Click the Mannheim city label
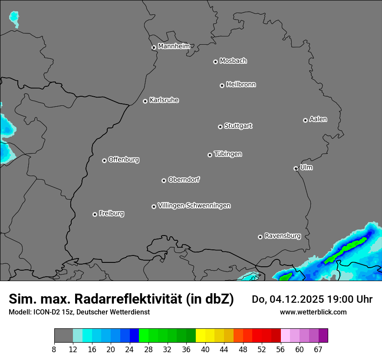point(174,46)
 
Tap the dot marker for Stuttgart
point(220,127)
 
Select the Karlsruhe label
point(164,100)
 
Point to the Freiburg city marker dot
point(95,214)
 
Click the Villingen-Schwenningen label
point(194,206)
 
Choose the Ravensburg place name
point(282,236)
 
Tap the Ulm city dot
point(296,168)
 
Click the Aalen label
point(318,119)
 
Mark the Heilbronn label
point(241,85)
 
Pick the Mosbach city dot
point(215,62)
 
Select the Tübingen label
point(228,154)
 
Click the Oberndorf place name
point(184,180)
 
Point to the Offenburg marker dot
point(104,160)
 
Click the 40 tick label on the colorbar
point(205,350)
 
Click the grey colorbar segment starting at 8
point(63,336)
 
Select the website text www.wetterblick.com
point(313,312)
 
